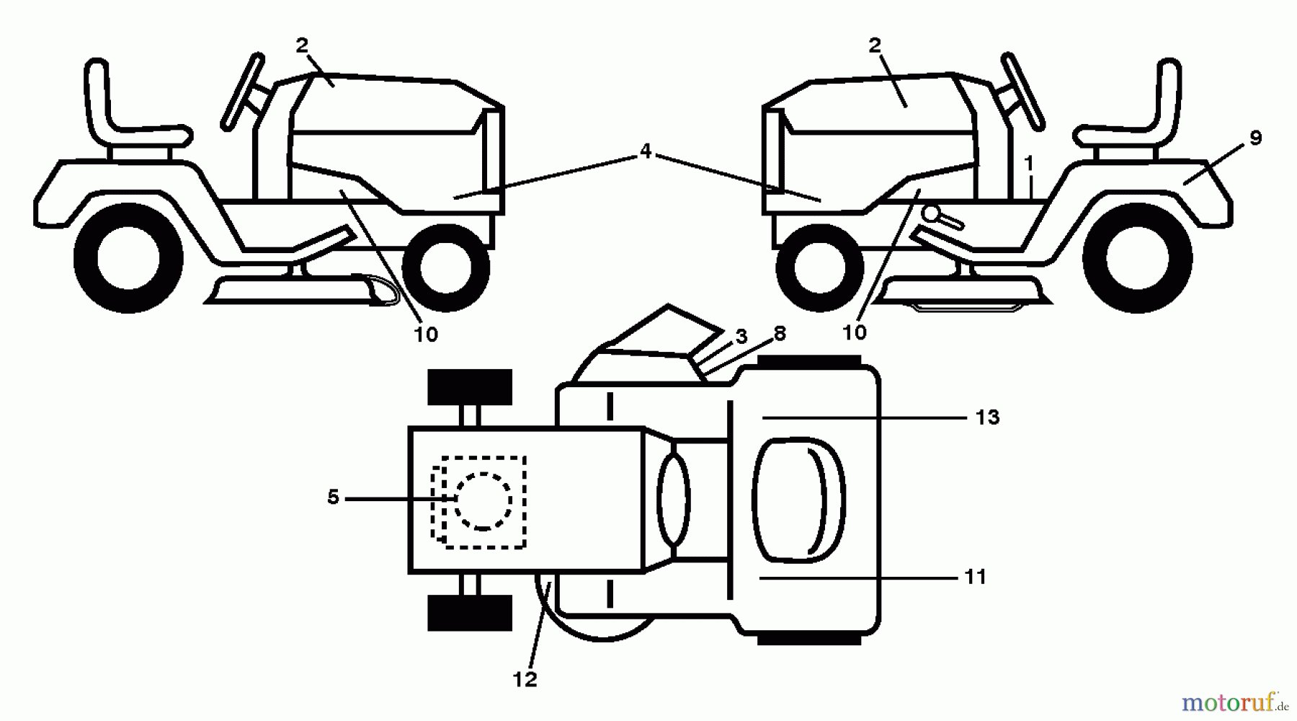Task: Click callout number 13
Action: click(x=987, y=417)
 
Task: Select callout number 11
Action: click(x=975, y=578)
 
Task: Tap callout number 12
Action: click(x=525, y=679)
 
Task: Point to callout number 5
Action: click(x=333, y=497)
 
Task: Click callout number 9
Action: click(x=1255, y=138)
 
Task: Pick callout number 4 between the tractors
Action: click(x=645, y=151)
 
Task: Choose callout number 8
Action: click(x=779, y=334)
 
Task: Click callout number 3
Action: click(x=741, y=337)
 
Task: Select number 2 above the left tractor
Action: click(x=302, y=45)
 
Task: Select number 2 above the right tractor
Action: click(x=875, y=45)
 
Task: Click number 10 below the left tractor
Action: click(x=426, y=335)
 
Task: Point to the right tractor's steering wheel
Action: click(x=1023, y=91)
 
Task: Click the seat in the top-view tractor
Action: click(x=797, y=498)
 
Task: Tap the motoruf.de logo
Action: click(x=1236, y=701)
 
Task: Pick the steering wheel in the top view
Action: click(x=674, y=499)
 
